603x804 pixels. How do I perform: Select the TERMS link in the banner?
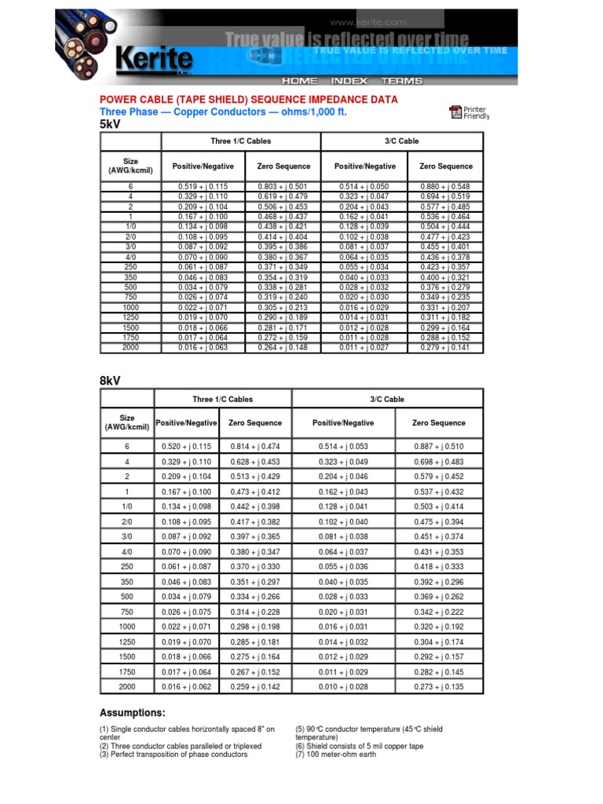point(401,81)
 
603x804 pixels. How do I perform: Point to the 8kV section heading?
point(111,381)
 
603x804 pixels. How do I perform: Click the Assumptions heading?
point(132,713)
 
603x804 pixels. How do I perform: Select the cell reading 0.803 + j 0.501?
point(283,185)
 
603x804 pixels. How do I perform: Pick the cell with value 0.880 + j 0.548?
point(446,185)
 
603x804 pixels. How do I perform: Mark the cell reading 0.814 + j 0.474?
point(255,446)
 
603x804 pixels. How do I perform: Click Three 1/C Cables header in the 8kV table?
point(223,400)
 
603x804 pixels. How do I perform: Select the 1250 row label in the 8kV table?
point(127,641)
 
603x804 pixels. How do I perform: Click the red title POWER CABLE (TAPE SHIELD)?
point(248,100)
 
